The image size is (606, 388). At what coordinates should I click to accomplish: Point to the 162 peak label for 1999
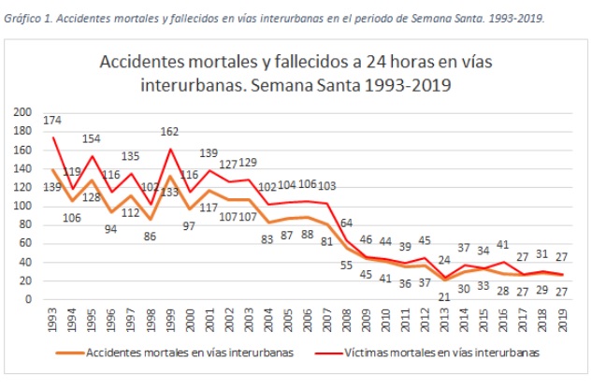169,132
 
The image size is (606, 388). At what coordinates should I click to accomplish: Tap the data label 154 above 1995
91,138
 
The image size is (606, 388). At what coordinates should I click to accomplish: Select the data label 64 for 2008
346,223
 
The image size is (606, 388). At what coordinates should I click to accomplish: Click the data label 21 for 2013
444,296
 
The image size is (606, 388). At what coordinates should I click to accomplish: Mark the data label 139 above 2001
209,152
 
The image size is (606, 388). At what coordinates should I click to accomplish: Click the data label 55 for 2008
345,265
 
